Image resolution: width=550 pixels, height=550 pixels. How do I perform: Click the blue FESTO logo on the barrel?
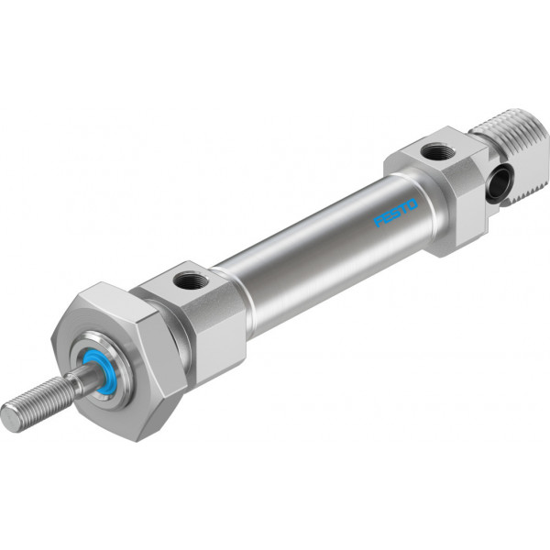click(396, 213)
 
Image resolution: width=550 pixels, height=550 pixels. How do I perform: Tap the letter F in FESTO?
click(379, 222)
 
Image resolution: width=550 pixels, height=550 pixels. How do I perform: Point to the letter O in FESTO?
click(412, 203)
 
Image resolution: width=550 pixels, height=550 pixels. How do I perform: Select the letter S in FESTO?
click(395, 213)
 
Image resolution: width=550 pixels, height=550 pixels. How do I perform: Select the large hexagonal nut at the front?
click(115, 361)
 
